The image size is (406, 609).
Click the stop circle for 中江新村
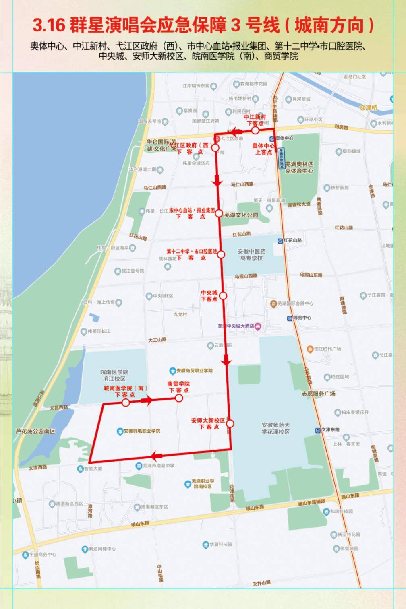pyautogui.click(x=255, y=130)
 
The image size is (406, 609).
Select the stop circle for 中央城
pyautogui.click(x=223, y=296)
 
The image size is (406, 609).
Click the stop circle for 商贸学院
pyautogui.click(x=179, y=398)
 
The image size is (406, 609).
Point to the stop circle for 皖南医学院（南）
pyautogui.click(x=126, y=403)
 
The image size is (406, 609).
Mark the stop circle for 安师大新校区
pyautogui.click(x=230, y=423)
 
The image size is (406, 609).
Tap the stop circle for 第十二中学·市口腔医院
pyautogui.click(x=221, y=254)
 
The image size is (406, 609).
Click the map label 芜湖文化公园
pyautogui.click(x=241, y=215)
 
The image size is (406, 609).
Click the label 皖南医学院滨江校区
pyautogui.click(x=114, y=375)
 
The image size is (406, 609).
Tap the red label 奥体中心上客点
pyautogui.click(x=264, y=149)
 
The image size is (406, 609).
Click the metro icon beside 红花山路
pyautogui.click(x=280, y=241)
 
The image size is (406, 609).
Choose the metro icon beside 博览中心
pyautogui.click(x=289, y=318)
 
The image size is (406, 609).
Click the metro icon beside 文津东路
pyautogui.click(x=318, y=430)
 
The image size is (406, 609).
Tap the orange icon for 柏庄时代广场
pyautogui.click(x=309, y=349)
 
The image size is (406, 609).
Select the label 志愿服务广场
pyautogui.click(x=318, y=394)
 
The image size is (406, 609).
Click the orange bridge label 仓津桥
pyautogui.click(x=369, y=108)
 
